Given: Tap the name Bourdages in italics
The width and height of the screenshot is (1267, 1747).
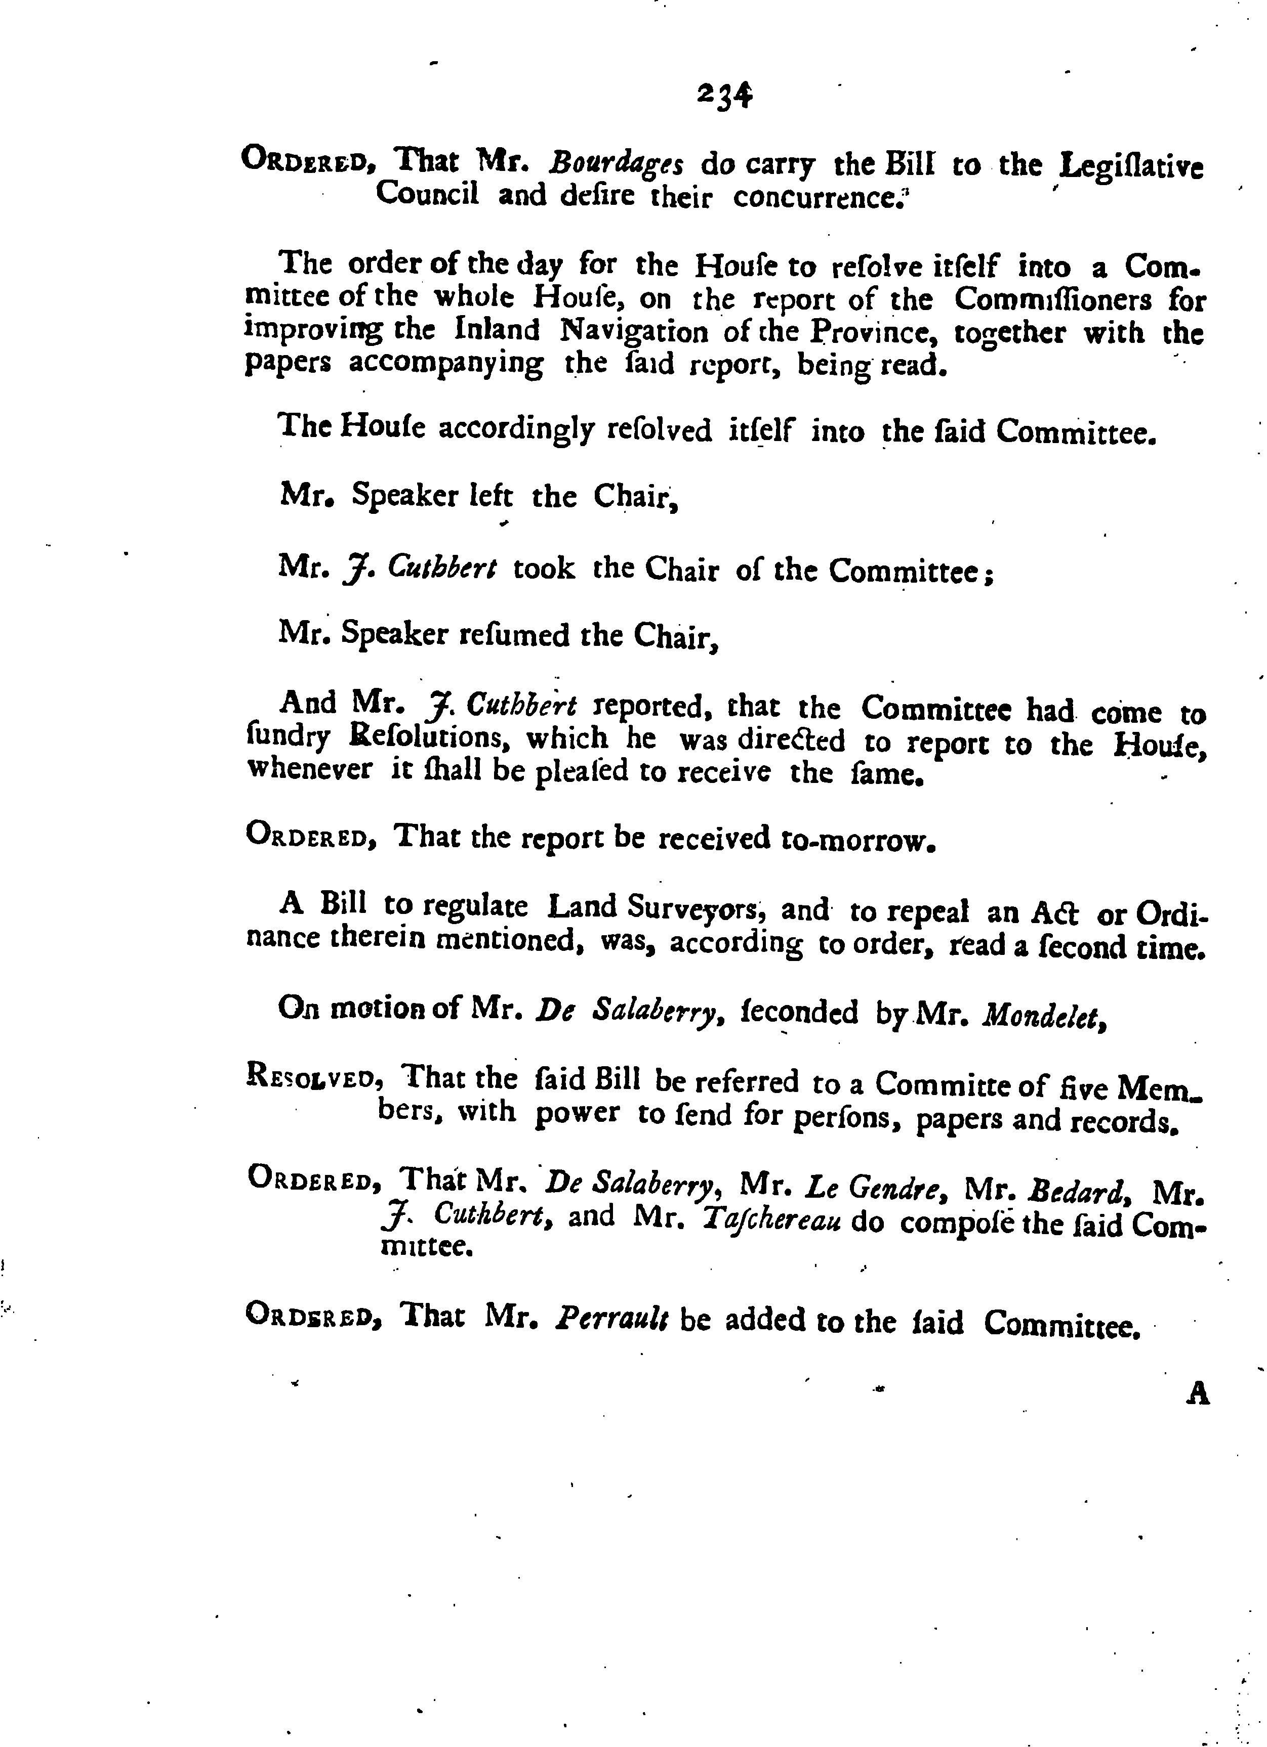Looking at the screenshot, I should click(x=616, y=165).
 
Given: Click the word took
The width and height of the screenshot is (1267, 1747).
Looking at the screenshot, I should click(x=543, y=569).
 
